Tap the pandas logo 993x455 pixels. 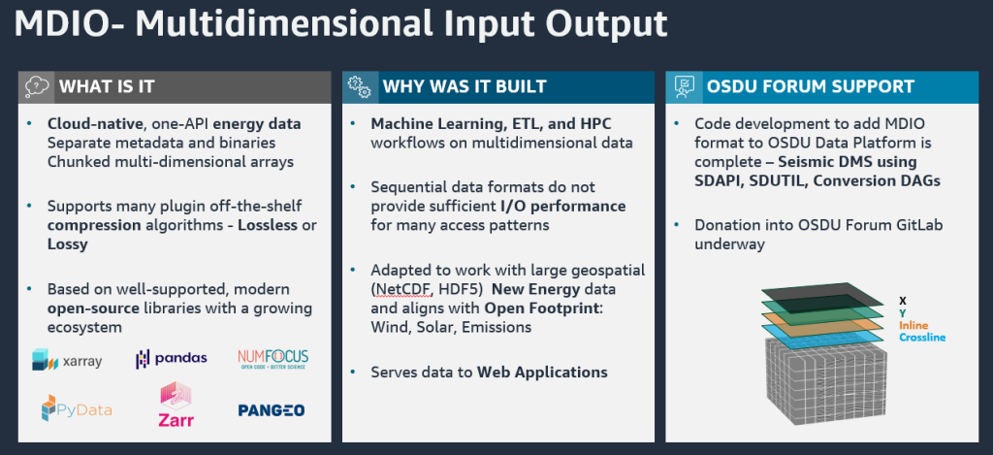(x=171, y=358)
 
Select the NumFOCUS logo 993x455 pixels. (x=272, y=359)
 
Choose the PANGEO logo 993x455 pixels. (x=272, y=410)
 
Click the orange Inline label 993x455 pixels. (x=914, y=325)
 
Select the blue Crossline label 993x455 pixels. (x=921, y=338)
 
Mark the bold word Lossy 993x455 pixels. (x=68, y=244)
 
